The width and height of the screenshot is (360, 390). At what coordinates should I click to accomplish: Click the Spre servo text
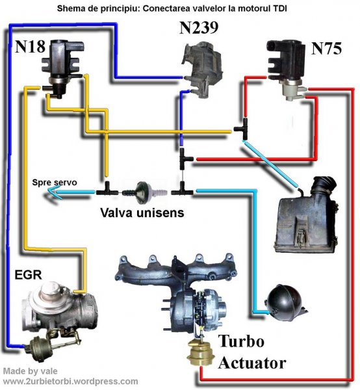coord(55,183)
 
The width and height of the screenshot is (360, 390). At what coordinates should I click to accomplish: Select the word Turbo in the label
coord(242,342)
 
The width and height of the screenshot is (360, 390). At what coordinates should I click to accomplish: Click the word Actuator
coord(252,362)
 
